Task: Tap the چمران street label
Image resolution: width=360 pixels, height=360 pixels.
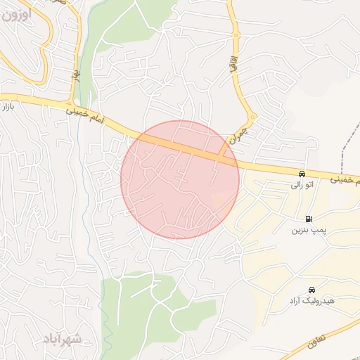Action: pyautogui.click(x=234, y=136)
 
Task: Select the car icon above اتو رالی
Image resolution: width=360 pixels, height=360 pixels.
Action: pyautogui.click(x=302, y=174)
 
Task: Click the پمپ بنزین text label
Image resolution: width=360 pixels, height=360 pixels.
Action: pyautogui.click(x=307, y=230)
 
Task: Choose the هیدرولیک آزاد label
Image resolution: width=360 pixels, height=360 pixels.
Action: pyautogui.click(x=311, y=301)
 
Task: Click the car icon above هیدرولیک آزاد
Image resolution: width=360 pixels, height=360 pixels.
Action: pyautogui.click(x=311, y=289)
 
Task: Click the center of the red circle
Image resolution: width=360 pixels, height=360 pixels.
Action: pyautogui.click(x=180, y=179)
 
